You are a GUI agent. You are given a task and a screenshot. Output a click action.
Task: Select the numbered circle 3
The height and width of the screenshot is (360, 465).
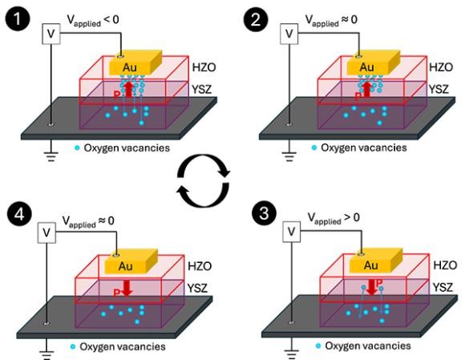[x=264, y=213]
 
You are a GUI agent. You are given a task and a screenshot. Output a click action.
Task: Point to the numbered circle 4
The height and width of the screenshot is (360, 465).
[x=19, y=214]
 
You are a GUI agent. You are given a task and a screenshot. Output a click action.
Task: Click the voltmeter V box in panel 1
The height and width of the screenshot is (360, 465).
[x=51, y=34]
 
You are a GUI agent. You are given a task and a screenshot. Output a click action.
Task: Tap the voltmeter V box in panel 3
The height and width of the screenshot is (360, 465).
[x=292, y=232]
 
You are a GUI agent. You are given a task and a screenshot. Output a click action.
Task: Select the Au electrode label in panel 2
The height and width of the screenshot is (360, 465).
[x=367, y=67]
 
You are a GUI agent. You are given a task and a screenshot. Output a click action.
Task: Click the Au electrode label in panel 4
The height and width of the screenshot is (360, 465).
[x=125, y=266]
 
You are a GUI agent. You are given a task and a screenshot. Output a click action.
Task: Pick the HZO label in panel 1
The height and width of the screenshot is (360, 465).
[x=204, y=67]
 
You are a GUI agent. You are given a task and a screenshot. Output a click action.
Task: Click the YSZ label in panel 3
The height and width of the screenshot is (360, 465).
[x=443, y=287]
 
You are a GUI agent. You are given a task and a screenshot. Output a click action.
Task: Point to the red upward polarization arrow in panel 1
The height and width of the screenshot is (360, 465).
[x=129, y=89]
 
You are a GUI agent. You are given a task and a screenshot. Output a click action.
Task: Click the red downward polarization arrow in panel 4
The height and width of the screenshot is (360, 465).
[x=127, y=289]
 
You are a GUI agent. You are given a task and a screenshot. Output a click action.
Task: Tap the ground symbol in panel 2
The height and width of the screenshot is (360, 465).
[x=289, y=156]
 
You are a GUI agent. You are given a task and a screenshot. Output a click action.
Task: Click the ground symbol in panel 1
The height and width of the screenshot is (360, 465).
[x=51, y=156]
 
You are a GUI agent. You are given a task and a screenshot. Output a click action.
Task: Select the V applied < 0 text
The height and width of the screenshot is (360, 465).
[x=93, y=20]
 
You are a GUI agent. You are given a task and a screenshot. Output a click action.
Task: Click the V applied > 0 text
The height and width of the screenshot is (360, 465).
[x=334, y=218]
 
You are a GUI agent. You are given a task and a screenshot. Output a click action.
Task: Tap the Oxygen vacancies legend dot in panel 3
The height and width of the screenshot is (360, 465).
[x=318, y=346]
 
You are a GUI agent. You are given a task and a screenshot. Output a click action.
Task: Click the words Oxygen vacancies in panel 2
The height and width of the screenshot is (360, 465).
[x=364, y=148]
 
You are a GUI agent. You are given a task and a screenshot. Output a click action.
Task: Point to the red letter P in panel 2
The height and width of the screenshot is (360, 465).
[x=358, y=96]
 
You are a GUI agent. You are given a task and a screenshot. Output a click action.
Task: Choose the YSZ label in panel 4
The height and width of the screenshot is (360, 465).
[x=197, y=288]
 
